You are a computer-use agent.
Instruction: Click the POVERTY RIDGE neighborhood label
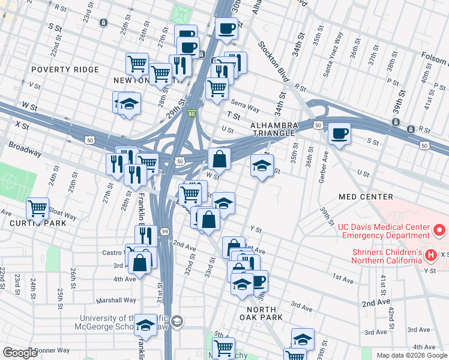(65, 70)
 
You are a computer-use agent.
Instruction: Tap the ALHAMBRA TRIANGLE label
(274, 130)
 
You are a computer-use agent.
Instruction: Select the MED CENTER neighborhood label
(366, 197)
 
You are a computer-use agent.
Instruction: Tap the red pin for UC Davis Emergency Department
(439, 230)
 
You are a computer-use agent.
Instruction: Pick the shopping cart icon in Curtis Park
(37, 208)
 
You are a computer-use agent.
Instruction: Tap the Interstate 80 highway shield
(191, 113)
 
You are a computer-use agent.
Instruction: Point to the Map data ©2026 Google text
(411, 355)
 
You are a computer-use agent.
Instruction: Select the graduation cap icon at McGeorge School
(145, 325)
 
